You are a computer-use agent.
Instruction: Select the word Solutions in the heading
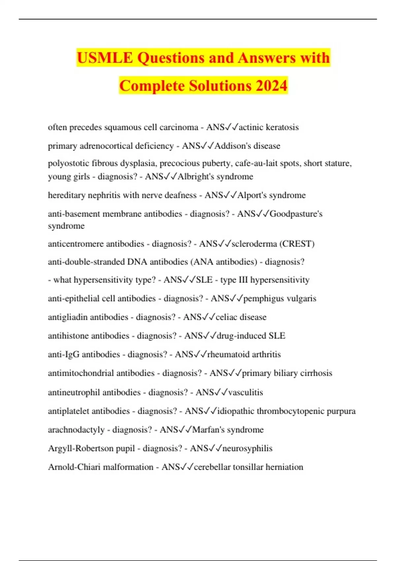pyautogui.click(x=220, y=86)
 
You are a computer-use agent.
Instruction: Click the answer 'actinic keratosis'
pyautogui.click(x=269, y=127)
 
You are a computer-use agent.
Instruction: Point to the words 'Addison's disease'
pyautogui.click(x=247, y=146)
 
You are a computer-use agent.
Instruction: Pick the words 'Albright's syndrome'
pyautogui.click(x=215, y=177)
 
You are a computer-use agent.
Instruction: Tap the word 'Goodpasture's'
pyautogui.click(x=296, y=214)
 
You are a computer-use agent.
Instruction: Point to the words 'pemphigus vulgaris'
pyautogui.click(x=280, y=299)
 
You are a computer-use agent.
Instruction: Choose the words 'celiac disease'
pyautogui.click(x=241, y=317)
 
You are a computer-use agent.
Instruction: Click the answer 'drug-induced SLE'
pyautogui.click(x=251, y=336)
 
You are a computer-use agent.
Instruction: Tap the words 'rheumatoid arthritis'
pyautogui.click(x=244, y=354)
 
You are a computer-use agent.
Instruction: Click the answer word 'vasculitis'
pyautogui.click(x=246, y=392)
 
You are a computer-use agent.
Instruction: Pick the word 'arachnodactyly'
pyautogui.click(x=76, y=430)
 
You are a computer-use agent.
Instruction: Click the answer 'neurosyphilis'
pyautogui.click(x=247, y=448)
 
